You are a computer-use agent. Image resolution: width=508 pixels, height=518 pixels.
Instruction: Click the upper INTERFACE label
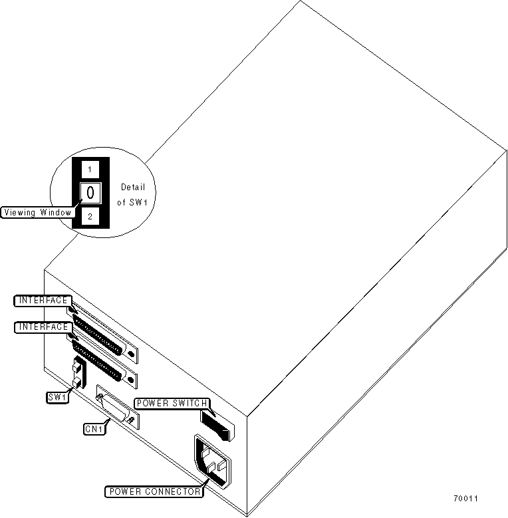pos(42,301)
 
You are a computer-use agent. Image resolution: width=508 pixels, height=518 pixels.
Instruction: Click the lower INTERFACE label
pos(42,326)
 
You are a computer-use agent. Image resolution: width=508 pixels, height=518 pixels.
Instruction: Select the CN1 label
pos(94,429)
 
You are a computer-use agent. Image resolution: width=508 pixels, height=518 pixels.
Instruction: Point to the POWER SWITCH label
pos(172,403)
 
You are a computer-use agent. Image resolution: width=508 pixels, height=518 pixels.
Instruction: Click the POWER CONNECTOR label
pos(154,492)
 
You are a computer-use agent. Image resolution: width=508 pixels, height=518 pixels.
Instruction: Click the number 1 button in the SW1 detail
pos(90,170)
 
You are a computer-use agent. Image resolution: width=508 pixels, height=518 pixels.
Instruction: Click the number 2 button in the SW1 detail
pos(90,217)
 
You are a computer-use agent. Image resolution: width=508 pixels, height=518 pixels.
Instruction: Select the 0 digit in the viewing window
pos(90,194)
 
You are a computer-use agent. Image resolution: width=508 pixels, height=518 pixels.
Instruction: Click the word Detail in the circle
pos(133,188)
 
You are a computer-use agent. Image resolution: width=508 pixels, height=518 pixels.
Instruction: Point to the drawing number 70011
pos(466,499)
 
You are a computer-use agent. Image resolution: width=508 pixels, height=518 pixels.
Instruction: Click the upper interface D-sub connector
pos(102,332)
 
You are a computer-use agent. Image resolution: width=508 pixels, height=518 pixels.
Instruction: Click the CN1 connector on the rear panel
pos(117,407)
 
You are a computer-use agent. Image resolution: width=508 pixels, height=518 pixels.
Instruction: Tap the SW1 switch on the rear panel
pos(78,374)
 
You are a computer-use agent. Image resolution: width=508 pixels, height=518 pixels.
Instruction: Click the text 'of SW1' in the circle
pos(133,201)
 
